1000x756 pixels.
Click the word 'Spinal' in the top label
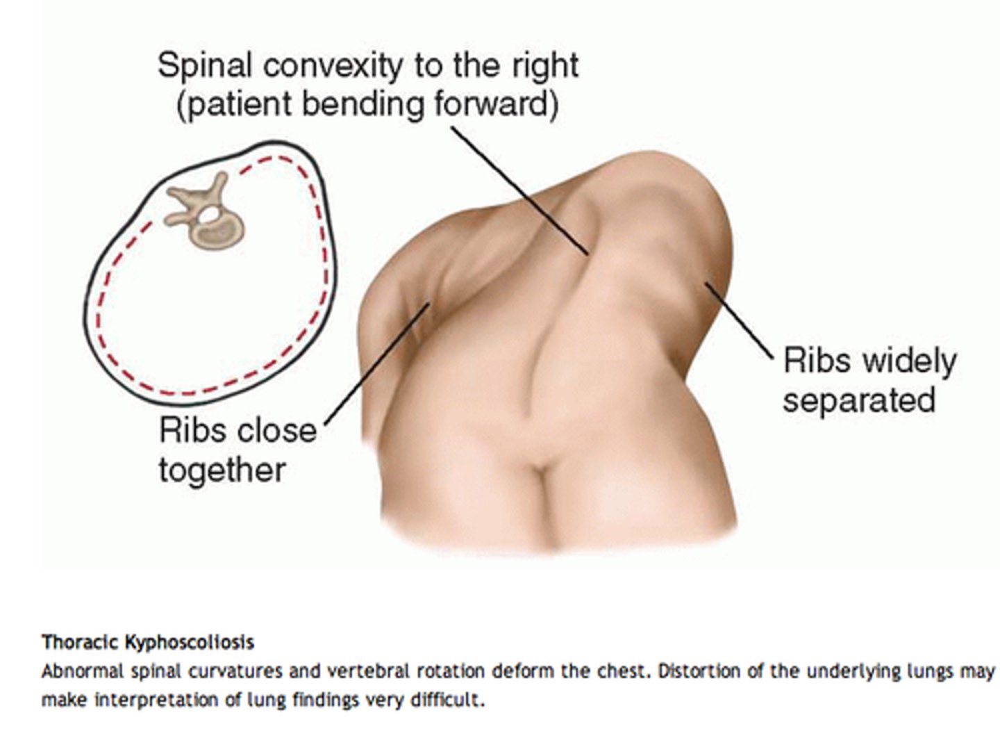(204, 67)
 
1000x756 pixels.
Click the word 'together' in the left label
(222, 470)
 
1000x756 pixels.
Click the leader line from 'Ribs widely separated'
(739, 320)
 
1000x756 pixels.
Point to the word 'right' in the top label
(546, 67)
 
